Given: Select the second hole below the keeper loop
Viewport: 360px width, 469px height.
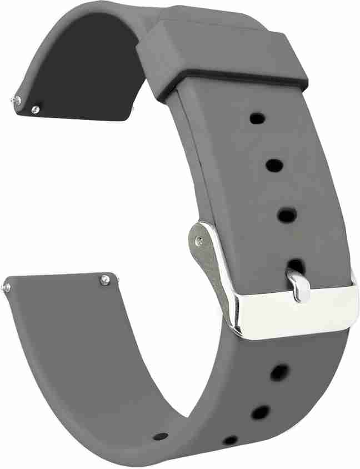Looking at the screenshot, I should [273, 164].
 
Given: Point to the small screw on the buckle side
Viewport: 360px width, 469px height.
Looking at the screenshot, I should [199, 240].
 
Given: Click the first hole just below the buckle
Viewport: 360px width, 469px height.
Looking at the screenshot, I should [279, 373].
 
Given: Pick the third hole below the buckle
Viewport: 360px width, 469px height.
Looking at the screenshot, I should [230, 440].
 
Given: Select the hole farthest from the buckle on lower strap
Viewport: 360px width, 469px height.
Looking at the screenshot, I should [161, 436].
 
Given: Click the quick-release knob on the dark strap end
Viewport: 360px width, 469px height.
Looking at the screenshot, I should [36, 109].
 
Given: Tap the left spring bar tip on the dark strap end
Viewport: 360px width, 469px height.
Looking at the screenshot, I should [16, 99].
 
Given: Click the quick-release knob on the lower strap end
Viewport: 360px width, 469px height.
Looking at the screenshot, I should [105, 280].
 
